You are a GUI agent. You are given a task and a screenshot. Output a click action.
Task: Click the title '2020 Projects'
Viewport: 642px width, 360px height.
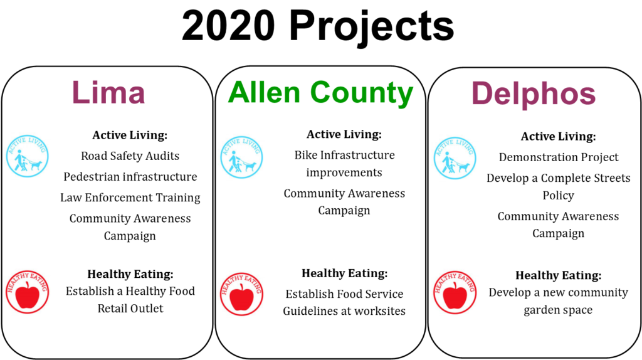[x=318, y=26]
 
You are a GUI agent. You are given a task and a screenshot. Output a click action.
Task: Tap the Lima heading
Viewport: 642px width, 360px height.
[x=108, y=93]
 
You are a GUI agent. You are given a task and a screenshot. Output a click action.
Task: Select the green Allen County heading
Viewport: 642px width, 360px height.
[x=320, y=93]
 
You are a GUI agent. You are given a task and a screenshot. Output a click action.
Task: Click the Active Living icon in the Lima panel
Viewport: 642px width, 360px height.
[x=28, y=156]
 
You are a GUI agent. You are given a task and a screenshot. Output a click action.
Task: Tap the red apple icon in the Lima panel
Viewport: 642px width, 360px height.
[x=28, y=292]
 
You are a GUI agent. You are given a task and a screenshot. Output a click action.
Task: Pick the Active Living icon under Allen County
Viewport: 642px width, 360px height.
[x=241, y=157]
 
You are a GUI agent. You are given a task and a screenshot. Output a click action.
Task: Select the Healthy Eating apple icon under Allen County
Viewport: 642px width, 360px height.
[x=241, y=294]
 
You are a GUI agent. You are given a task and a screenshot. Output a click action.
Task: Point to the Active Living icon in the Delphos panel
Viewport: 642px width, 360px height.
[x=455, y=158]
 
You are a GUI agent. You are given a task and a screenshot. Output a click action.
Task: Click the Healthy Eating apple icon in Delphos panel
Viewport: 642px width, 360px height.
[x=455, y=292]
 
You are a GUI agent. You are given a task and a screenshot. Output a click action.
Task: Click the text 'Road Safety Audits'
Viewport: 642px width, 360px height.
[x=130, y=156]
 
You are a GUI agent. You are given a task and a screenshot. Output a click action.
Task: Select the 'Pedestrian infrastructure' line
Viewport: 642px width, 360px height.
[x=130, y=177]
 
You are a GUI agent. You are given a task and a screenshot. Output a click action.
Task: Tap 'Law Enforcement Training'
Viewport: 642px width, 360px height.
[x=130, y=198]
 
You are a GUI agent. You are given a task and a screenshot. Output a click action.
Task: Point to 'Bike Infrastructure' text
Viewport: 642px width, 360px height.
[x=344, y=155]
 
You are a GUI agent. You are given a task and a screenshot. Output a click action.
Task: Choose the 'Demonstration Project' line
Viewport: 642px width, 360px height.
[x=559, y=157]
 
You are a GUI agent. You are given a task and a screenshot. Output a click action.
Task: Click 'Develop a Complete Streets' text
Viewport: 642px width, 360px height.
[x=559, y=178]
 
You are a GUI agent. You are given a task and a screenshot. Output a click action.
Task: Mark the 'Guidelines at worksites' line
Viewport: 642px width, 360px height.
[x=344, y=311]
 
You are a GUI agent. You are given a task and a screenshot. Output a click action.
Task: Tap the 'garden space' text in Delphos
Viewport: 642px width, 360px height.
[x=558, y=310]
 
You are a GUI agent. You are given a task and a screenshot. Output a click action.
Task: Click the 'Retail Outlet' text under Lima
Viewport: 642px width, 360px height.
[x=130, y=309]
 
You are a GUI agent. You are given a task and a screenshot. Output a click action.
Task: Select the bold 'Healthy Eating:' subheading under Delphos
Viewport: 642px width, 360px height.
[x=559, y=275]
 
